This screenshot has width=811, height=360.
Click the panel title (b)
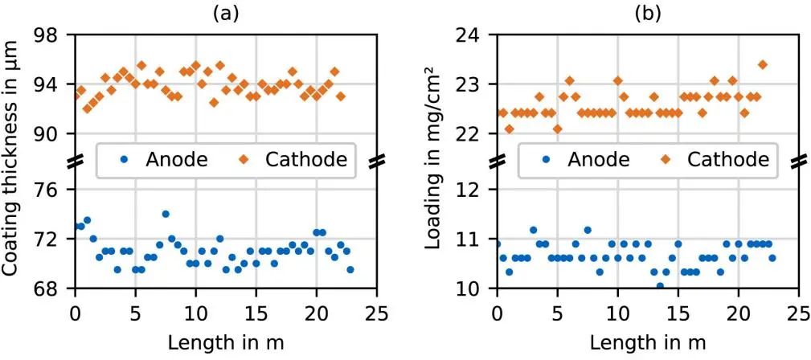pos(647,14)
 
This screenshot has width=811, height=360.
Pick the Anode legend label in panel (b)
pos(595,160)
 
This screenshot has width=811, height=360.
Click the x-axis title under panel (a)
pos(226,342)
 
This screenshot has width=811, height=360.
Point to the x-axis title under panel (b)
pos(647,342)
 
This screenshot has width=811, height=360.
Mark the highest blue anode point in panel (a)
pos(166,214)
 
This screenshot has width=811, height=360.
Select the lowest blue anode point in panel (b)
pos(660,285)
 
